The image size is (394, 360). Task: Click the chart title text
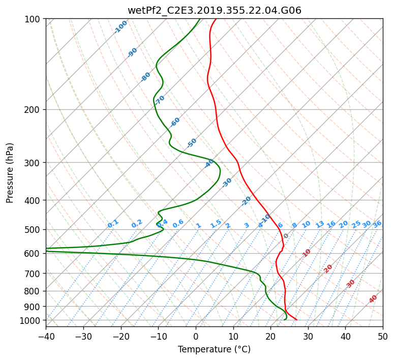click(214, 10)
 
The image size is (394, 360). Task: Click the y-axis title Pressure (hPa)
click(10, 173)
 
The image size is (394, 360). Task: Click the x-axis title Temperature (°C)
click(214, 349)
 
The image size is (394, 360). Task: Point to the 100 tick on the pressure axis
click(34, 19)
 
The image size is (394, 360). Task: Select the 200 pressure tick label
click(34, 110)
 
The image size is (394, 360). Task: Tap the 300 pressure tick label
click(34, 163)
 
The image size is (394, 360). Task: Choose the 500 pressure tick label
click(34, 230)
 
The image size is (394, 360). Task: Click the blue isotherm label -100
click(121, 27)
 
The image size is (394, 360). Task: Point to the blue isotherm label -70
click(160, 100)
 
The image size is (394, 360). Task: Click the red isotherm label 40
click(373, 299)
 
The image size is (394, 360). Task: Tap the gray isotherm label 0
click(286, 236)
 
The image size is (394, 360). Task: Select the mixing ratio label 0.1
click(113, 223)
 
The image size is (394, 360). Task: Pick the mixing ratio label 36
click(377, 224)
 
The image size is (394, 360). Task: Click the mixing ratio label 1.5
click(216, 223)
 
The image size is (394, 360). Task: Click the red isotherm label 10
click(307, 253)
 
